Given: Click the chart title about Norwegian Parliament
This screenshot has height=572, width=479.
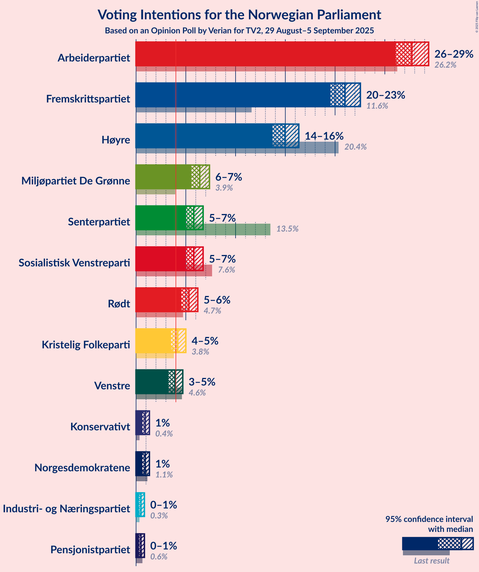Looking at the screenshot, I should tap(239, 15).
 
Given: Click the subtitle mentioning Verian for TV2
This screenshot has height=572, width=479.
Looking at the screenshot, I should tap(239, 31).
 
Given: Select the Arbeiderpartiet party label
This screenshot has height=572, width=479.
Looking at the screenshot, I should tap(94, 58).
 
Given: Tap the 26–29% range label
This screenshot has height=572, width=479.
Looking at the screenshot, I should tap(454, 54).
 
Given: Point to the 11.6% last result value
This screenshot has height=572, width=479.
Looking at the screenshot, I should tap(377, 106).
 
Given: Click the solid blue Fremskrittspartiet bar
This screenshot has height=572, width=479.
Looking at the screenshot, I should tap(233, 95).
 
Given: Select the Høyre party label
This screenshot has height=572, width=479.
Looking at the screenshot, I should tap(116, 140).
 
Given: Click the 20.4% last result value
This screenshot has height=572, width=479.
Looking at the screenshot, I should tap(355, 147).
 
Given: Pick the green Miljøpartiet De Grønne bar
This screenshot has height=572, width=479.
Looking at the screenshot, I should tap(163, 177).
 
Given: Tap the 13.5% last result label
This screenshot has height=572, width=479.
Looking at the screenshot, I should tap(287, 229).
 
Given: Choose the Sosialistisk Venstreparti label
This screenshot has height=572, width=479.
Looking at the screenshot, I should tap(74, 263).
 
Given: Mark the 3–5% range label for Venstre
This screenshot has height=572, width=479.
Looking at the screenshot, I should tap(202, 382).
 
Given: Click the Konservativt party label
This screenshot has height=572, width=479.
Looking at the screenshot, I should tap(100, 427).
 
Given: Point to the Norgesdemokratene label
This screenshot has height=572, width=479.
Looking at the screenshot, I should tap(82, 468).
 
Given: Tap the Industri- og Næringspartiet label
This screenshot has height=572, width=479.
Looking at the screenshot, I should tap(66, 509).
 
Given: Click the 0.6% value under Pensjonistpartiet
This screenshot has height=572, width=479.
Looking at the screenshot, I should tap(159, 556).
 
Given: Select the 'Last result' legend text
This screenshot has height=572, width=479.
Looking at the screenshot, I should tap(431, 561).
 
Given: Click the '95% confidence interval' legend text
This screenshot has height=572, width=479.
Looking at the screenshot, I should tap(429, 519).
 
